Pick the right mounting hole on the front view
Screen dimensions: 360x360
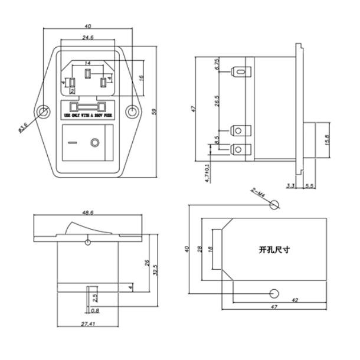tap(132, 112)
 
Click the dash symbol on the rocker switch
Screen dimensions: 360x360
tap(72, 143)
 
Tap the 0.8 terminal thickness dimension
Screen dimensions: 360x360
tap(95, 310)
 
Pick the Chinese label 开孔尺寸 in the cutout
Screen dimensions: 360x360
tap(274, 250)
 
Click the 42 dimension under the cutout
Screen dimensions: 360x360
tap(295, 301)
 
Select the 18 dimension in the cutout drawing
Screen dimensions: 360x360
tap(210, 250)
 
